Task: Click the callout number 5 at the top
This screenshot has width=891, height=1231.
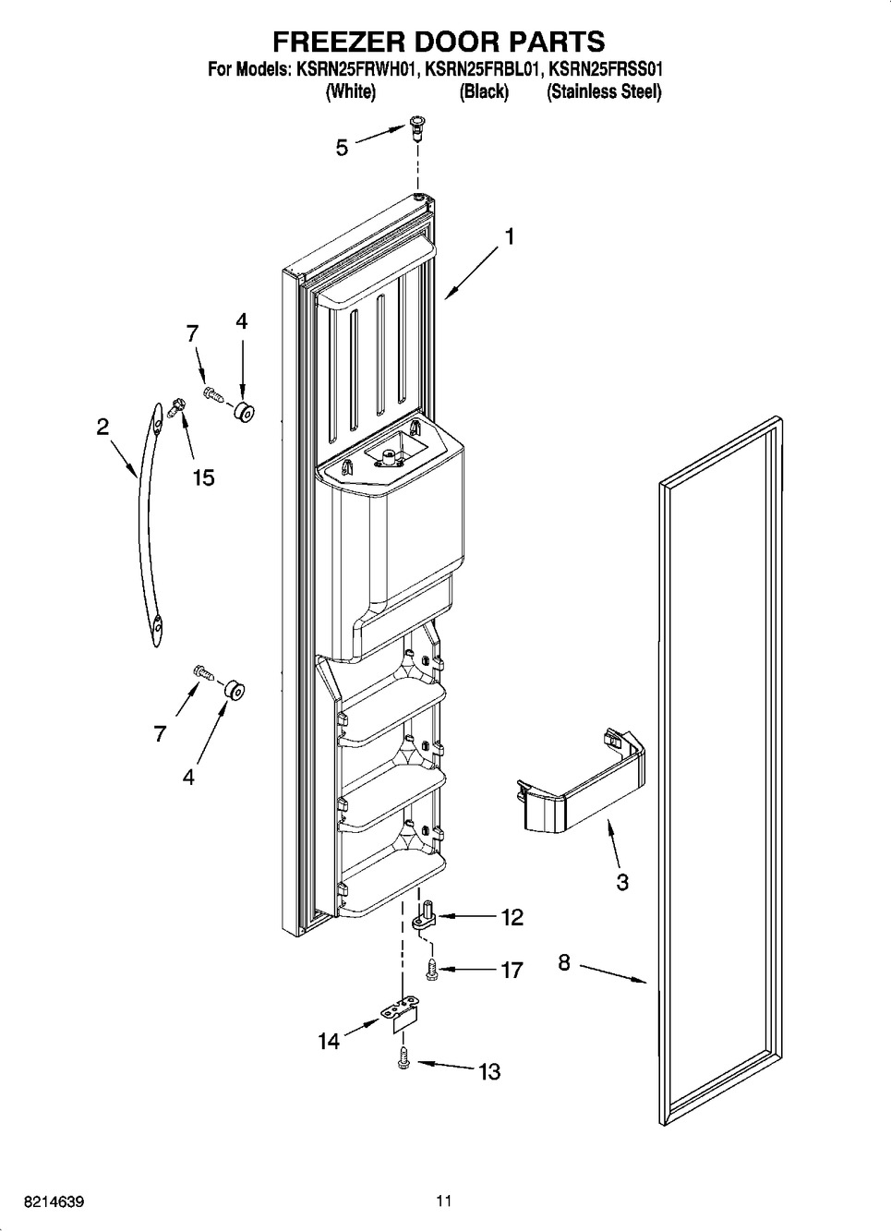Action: pos(342,148)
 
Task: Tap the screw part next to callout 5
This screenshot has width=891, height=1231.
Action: pos(415,127)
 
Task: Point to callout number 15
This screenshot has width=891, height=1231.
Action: pos(203,477)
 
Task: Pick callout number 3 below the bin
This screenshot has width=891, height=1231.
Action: pos(622,882)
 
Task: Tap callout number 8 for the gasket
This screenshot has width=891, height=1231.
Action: pos(564,964)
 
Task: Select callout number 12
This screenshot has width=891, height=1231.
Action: pos(512,917)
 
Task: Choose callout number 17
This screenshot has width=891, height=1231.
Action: pos(512,970)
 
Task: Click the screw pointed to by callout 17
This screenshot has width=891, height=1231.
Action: pos(430,968)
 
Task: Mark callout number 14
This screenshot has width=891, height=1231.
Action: pos(329,1041)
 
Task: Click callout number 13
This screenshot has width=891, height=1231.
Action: pos(488,1071)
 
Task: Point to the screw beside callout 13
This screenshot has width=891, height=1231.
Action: pos(403,1060)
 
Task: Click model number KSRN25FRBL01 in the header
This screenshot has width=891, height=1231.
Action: pos(481,69)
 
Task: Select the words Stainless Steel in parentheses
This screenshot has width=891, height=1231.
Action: pos(604,91)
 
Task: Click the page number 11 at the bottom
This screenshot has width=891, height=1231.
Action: pos(445,1201)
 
